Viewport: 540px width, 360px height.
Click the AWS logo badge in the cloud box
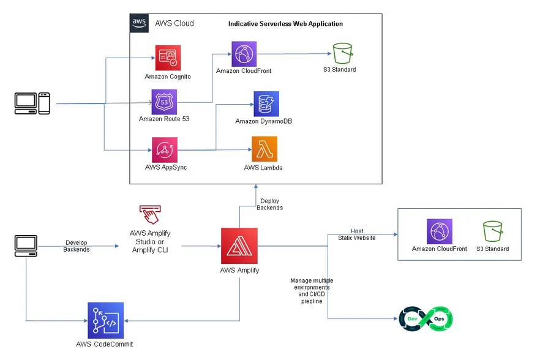pos(139,23)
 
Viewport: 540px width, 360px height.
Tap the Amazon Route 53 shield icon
pos(164,102)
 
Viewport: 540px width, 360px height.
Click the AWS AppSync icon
pos(163,149)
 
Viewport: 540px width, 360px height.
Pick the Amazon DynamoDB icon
pos(266,104)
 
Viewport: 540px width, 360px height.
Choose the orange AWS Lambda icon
pos(264,149)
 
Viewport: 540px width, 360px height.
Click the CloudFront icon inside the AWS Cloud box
pos(244,54)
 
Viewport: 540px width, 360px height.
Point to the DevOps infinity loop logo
pos(426,319)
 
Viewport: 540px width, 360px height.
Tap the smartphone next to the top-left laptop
pos(44,103)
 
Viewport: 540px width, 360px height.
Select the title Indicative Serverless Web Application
pos(285,24)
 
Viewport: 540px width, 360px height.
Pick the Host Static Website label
pos(357,234)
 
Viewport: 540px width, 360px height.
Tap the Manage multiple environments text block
pos(312,291)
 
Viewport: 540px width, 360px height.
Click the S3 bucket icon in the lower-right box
pos(493,232)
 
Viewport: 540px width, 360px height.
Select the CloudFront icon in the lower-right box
pos(440,232)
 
